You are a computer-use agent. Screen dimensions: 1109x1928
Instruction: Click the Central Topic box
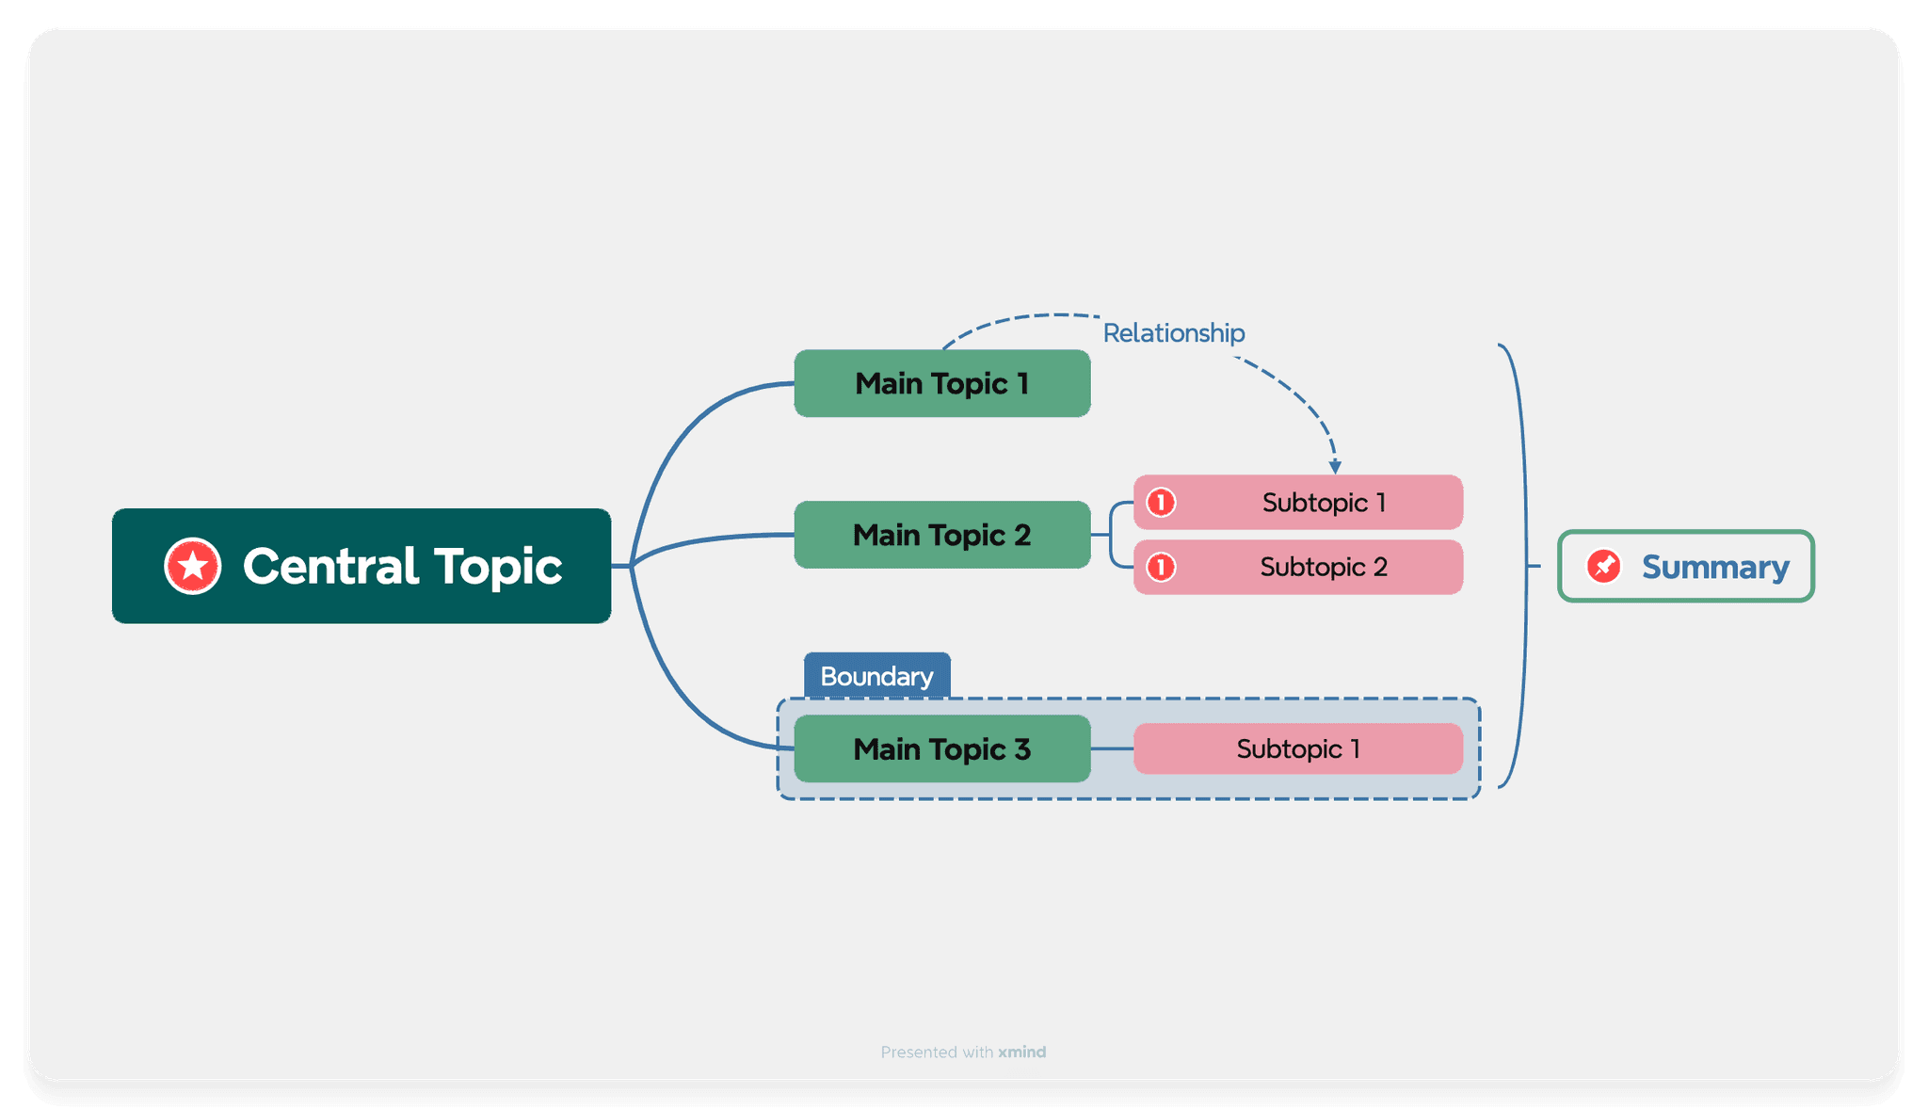pos(361,566)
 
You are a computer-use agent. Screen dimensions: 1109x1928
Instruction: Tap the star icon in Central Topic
pos(193,567)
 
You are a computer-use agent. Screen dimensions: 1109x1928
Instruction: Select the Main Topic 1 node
pos(941,383)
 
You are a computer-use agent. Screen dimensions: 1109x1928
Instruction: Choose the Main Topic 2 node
pos(941,535)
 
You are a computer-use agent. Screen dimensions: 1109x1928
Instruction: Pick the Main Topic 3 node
pos(941,749)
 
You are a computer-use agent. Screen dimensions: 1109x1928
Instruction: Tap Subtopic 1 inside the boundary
pos(1297,749)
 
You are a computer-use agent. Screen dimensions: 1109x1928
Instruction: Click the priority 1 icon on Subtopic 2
pos(1161,567)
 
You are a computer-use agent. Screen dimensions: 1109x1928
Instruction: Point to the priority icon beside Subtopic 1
pos(1161,503)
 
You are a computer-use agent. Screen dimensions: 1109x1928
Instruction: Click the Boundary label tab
pos(876,676)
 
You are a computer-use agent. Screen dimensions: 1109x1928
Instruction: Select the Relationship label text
pos(1173,333)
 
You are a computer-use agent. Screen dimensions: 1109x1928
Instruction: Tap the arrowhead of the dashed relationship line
pos(1335,467)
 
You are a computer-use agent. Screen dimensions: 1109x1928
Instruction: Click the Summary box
pos(1685,566)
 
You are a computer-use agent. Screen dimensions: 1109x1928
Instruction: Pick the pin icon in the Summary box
pos(1603,566)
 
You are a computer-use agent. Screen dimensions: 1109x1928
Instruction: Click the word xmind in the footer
pos(1021,1052)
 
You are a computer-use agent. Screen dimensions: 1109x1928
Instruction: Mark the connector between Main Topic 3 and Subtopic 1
pos(1112,749)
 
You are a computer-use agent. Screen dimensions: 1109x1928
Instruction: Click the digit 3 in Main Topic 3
pos(1022,749)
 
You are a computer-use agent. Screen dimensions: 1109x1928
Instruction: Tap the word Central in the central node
pos(330,567)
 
